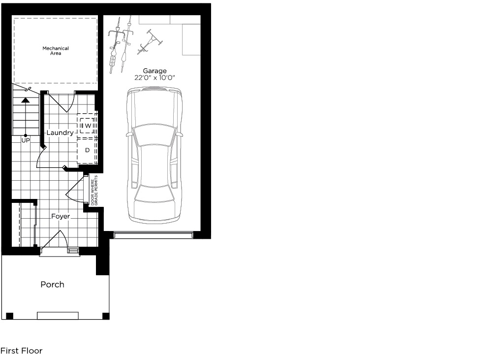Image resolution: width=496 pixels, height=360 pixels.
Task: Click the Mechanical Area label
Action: click(x=56, y=51)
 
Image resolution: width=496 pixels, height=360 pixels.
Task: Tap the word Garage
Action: click(x=155, y=71)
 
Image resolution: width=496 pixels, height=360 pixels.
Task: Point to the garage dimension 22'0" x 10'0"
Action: click(x=155, y=78)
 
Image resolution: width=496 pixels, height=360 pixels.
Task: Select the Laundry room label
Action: click(x=60, y=132)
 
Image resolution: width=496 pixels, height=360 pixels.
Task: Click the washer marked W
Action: click(x=87, y=126)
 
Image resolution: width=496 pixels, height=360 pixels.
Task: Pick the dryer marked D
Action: click(x=87, y=150)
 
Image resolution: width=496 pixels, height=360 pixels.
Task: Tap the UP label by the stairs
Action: click(x=26, y=140)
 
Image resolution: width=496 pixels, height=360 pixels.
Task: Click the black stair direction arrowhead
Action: click(x=25, y=100)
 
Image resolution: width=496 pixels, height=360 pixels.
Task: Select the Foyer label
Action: click(x=61, y=216)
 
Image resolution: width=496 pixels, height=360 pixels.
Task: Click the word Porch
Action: click(x=53, y=284)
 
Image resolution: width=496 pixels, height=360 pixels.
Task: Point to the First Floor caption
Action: click(x=22, y=351)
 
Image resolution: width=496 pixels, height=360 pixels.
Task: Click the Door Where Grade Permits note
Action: click(x=94, y=190)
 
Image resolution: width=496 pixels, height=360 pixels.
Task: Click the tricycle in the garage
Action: click(x=150, y=42)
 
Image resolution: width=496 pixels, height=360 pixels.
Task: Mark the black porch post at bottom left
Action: click(x=10, y=316)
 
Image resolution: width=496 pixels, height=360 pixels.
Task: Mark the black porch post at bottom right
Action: click(x=106, y=316)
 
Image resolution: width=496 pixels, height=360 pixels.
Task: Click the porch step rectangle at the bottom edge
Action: click(x=58, y=316)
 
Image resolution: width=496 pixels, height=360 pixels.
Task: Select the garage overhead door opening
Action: click(x=153, y=234)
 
